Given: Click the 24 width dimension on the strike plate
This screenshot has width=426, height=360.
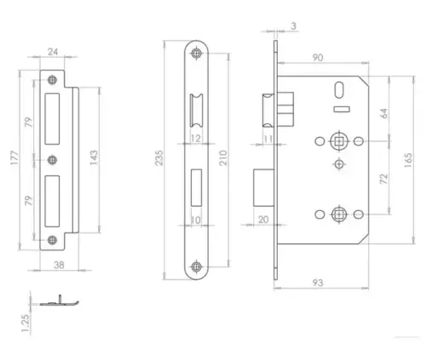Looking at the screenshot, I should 53,53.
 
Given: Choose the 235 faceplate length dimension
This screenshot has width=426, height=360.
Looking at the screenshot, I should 159,158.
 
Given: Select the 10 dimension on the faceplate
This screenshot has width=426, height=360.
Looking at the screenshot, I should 195,219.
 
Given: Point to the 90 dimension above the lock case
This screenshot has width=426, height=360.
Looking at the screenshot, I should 318,57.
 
